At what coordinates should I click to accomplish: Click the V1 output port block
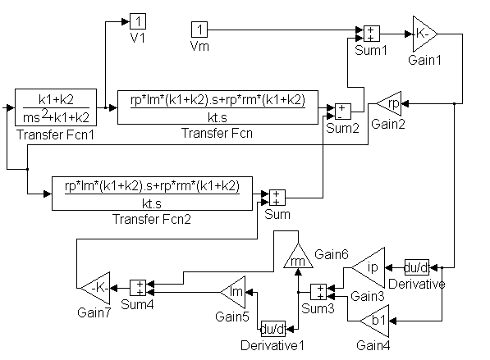pos(138,21)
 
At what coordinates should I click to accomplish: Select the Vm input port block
pos(199,30)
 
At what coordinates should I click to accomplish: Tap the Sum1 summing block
pos(372,34)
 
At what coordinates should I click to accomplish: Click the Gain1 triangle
pos(425,34)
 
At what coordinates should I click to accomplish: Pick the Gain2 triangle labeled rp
pos(389,103)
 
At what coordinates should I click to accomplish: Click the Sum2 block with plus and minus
pos(343,112)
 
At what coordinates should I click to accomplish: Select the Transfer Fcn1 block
pos(56,107)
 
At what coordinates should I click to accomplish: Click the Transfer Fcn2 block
pos(152,194)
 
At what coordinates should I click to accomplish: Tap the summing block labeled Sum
pos(277,198)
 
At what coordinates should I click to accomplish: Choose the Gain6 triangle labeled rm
pos(298,256)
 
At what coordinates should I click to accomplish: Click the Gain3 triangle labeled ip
pos(369,267)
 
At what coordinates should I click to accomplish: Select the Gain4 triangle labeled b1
pos(374,321)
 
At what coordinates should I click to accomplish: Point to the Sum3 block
pos(318,292)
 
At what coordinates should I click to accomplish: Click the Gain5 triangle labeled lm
pos(233,292)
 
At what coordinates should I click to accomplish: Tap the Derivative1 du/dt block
pos(273,329)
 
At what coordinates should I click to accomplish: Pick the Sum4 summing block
pos(138,288)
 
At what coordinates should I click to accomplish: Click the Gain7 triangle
pos(95,288)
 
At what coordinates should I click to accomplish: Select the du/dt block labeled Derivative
pos(417,267)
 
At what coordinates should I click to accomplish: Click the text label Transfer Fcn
pos(217,134)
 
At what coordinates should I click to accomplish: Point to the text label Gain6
pos(332,254)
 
